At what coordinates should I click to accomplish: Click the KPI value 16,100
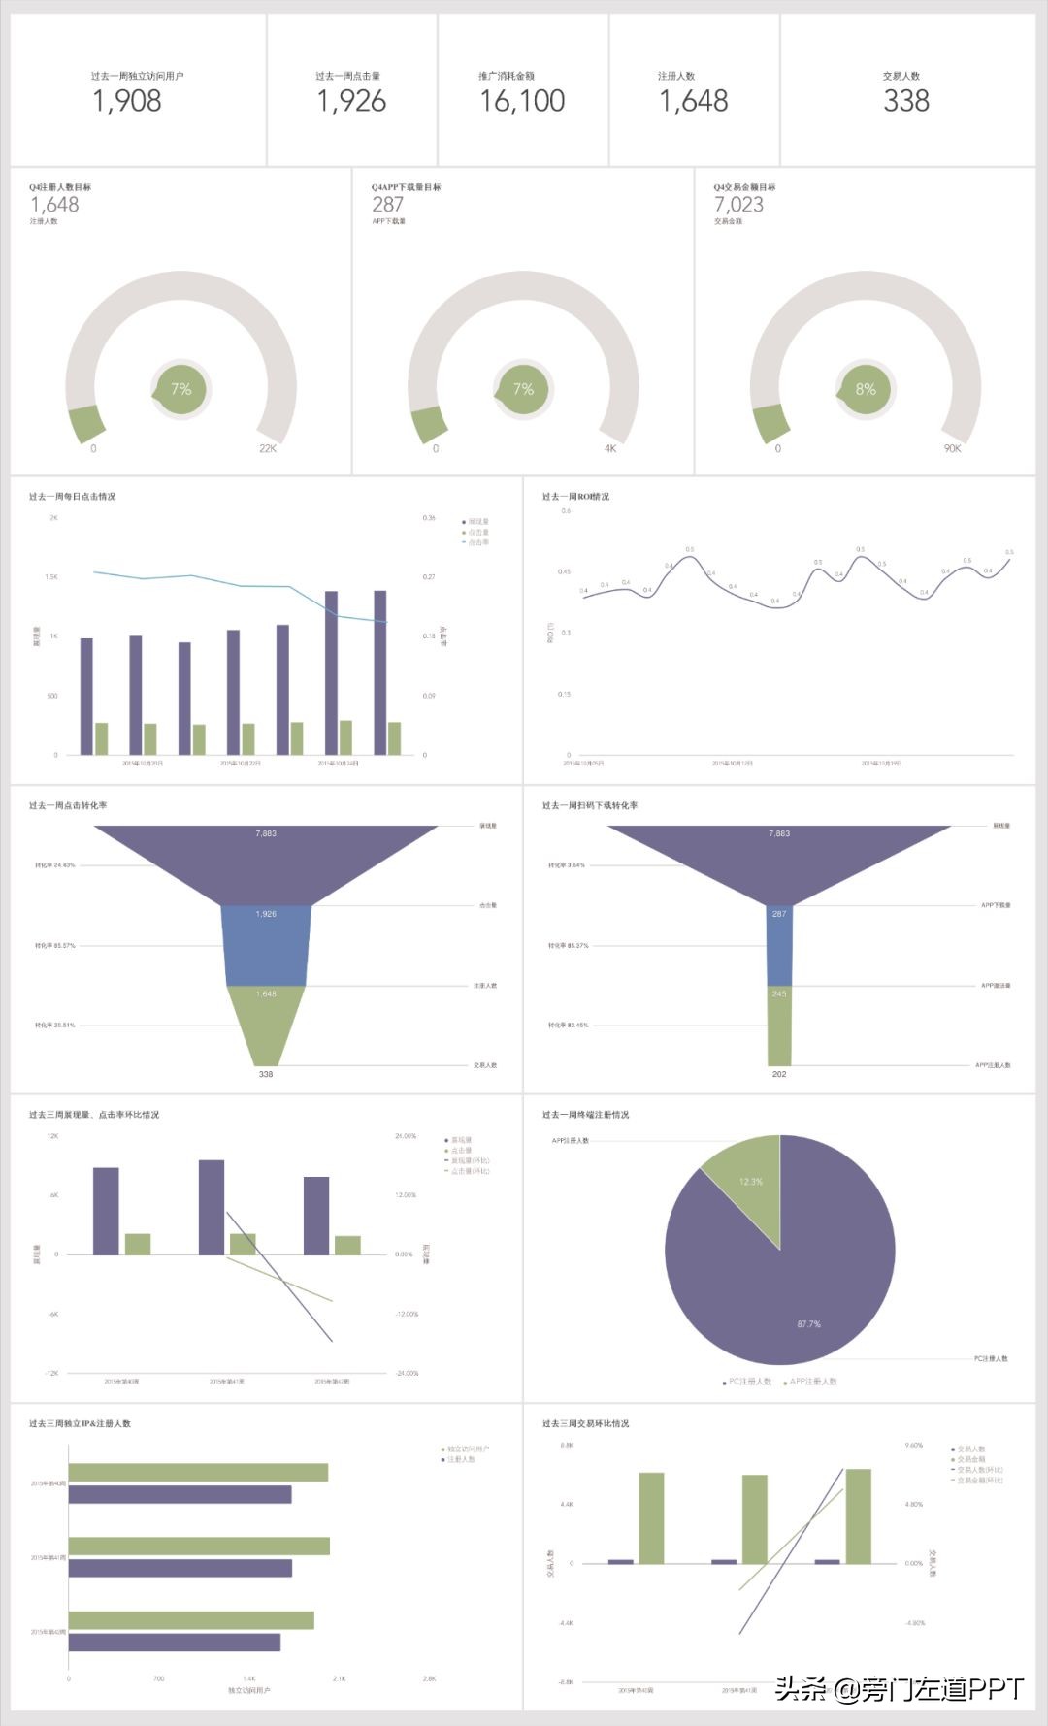522,101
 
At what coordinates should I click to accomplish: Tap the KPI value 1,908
127,101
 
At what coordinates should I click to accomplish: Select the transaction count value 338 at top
905,101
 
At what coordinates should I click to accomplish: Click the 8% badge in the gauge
865,389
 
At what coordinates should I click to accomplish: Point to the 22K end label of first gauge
268,448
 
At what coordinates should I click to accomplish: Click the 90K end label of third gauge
952,448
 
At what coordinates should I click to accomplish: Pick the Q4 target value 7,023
738,205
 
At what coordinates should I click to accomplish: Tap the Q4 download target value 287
387,205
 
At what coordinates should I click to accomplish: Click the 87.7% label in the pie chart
808,1323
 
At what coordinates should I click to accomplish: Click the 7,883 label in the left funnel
266,833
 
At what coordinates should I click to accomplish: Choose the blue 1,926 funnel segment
266,946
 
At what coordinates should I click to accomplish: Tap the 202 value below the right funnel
779,1074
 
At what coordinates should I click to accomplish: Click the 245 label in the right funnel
779,993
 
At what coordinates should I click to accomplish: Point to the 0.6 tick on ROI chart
566,510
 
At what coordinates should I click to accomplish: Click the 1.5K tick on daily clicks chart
51,577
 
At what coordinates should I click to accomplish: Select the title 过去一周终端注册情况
585,1115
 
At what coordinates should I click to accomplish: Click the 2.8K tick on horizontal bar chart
429,1678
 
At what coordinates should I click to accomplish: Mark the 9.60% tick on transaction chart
913,1446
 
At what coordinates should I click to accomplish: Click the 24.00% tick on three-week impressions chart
406,1136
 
